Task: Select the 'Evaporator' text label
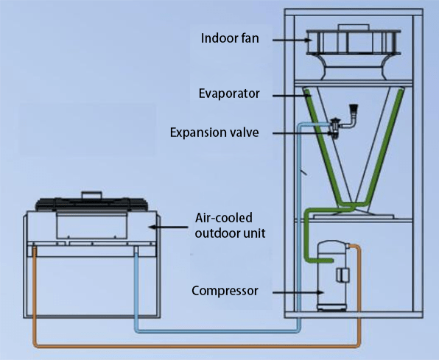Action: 231,94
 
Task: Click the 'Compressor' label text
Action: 225,290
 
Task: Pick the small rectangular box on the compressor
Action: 343,276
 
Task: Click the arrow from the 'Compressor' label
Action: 291,291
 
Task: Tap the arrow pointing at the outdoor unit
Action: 169,228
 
